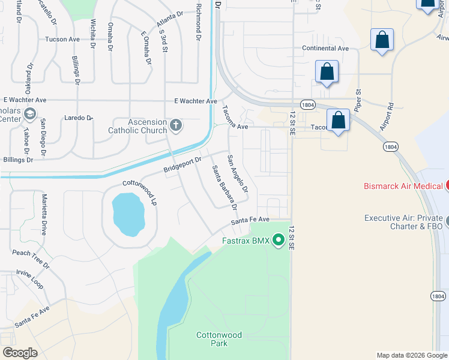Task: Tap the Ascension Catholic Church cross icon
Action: tap(175, 125)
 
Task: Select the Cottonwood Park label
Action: tap(219, 339)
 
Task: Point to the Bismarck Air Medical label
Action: tap(403, 186)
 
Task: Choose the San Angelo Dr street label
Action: tap(237, 173)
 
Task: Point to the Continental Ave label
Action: tap(325, 48)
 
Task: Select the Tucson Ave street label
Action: tap(62, 40)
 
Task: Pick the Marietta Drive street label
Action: tap(44, 214)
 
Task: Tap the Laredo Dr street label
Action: tap(77, 118)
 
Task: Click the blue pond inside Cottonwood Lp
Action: tap(128, 214)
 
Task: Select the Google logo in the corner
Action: tap(20, 353)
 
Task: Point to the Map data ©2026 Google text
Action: tap(411, 355)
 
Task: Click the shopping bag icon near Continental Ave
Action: tap(382, 41)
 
